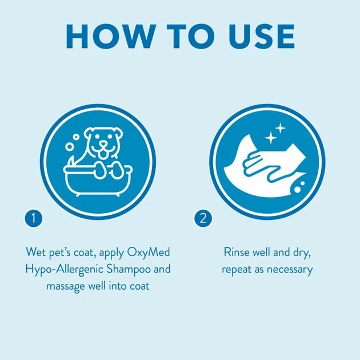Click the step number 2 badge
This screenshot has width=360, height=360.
click(x=203, y=218)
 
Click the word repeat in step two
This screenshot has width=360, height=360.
click(x=238, y=269)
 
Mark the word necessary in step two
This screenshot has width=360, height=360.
click(x=291, y=269)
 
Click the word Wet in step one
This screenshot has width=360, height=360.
click(x=35, y=252)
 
